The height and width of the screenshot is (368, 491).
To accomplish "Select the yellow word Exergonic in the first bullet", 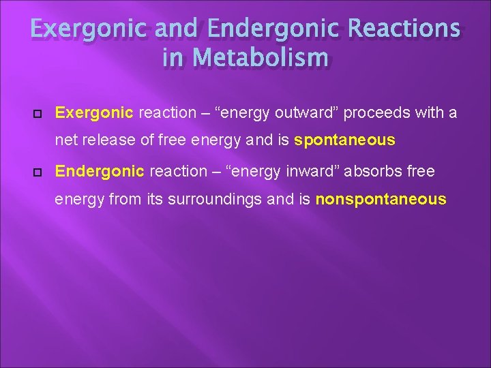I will [x=95, y=112].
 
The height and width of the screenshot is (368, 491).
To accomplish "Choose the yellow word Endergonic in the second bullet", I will [x=100, y=171].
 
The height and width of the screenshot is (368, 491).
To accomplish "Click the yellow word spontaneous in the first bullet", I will [x=344, y=140].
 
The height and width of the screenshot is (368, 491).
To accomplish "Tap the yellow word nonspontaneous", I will [x=381, y=200].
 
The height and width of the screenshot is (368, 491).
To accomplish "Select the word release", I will [x=105, y=140].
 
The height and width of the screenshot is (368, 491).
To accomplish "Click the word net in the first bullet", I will [x=66, y=140].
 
